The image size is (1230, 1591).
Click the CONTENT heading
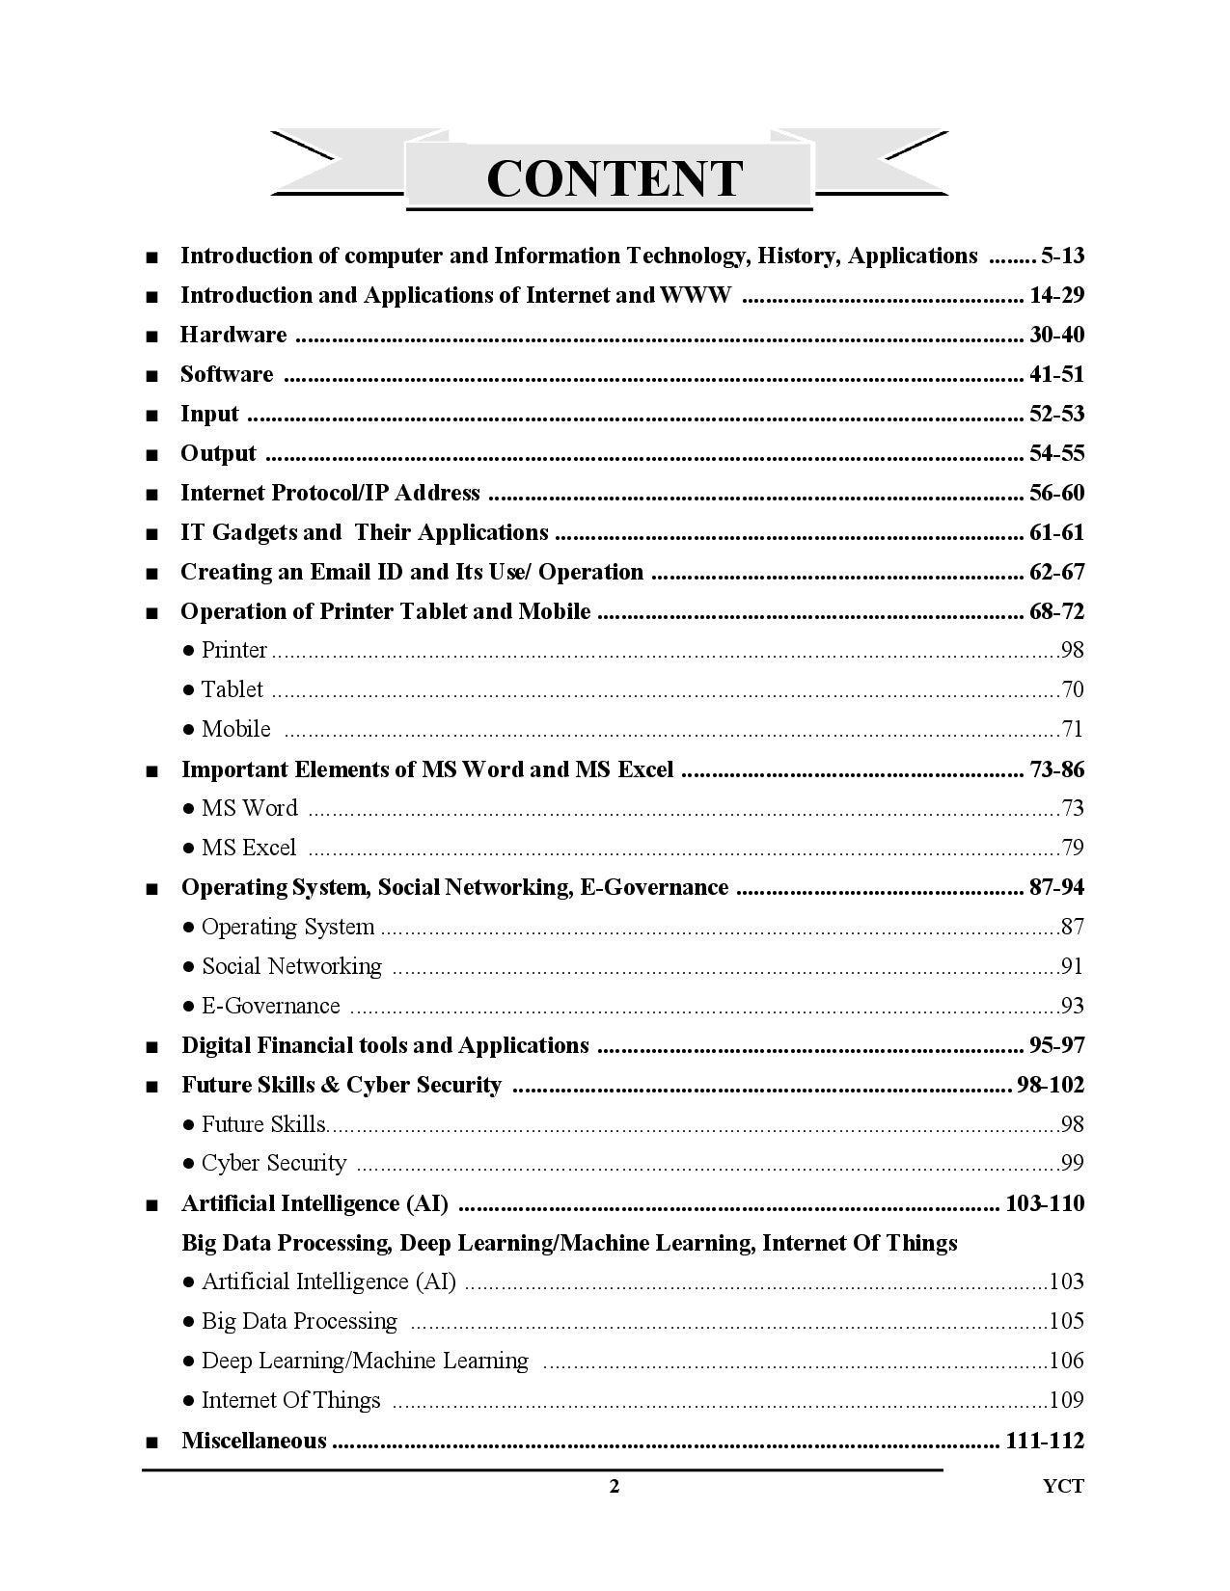tap(615, 178)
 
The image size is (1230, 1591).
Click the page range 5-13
tap(1062, 256)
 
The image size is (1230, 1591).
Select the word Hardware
tap(233, 335)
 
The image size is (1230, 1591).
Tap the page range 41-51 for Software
tap(1056, 374)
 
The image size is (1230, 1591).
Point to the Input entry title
tap(209, 414)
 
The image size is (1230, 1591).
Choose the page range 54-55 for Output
tap(1056, 453)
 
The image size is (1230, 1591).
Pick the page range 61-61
tap(1056, 532)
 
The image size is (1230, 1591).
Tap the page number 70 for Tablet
tap(1072, 689)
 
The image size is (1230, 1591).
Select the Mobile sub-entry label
tap(235, 729)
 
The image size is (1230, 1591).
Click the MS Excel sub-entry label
tap(248, 848)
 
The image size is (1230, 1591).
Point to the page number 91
tap(1072, 966)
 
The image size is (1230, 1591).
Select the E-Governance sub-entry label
tap(270, 1006)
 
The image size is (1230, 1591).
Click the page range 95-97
tap(1056, 1045)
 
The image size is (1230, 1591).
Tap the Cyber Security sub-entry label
tap(273, 1163)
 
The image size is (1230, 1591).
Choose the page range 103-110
tap(1045, 1203)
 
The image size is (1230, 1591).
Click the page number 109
tap(1066, 1400)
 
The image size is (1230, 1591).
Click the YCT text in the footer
tap(1063, 1486)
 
